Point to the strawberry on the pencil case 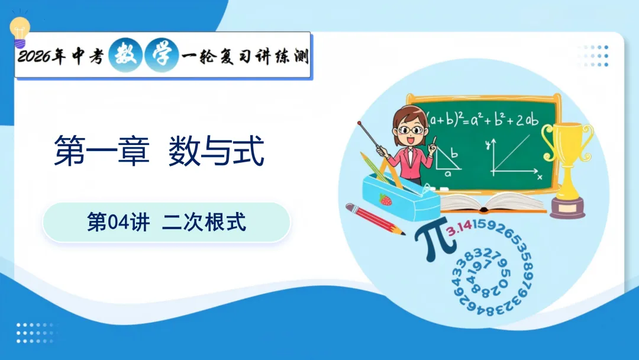[x=386, y=200]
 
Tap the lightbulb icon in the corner [x=20, y=31]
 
